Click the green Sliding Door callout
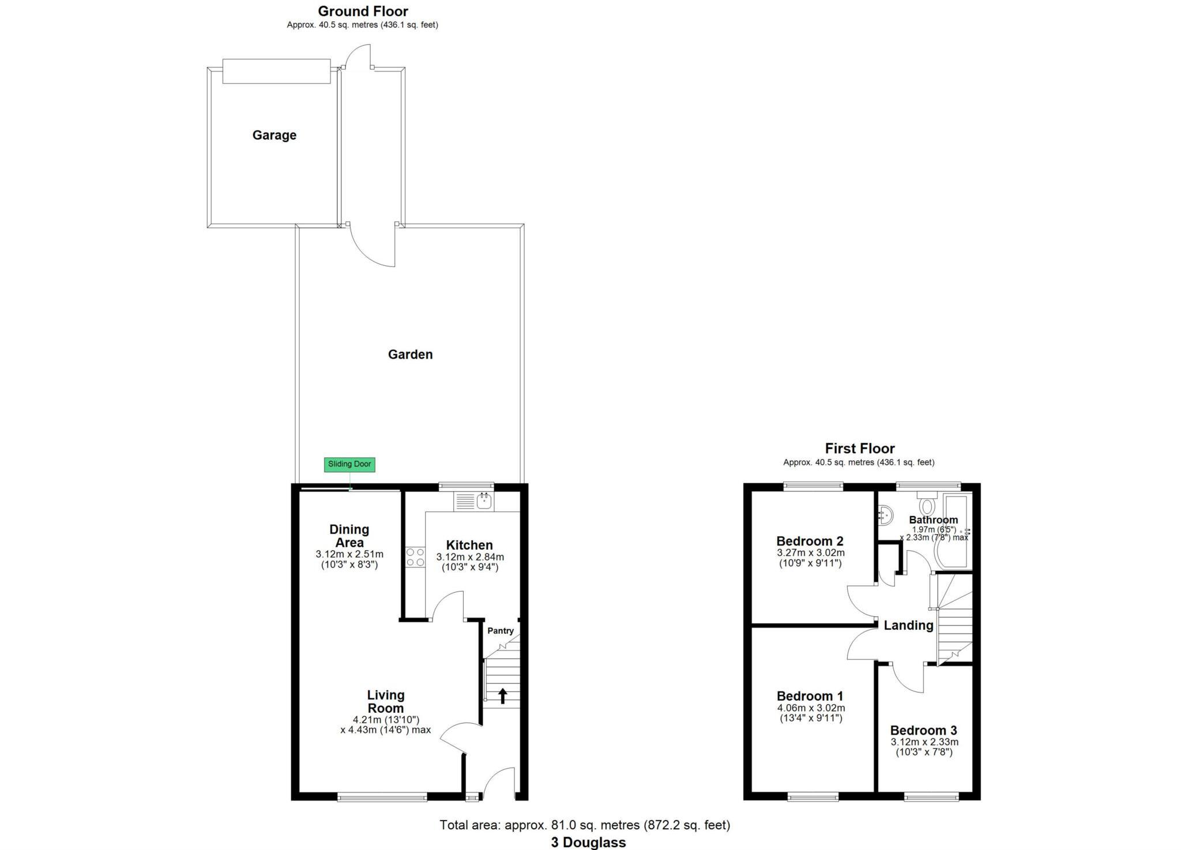(349, 464)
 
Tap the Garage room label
(274, 135)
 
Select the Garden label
(410, 354)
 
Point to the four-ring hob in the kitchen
(415, 558)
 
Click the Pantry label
(500, 631)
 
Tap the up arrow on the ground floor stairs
(502, 696)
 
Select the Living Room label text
(386, 702)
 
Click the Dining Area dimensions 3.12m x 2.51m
(349, 554)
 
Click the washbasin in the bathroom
(885, 514)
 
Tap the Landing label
(908, 625)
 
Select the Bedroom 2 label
(810, 541)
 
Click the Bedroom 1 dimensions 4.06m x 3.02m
(811, 708)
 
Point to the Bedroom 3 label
(923, 730)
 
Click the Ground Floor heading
(363, 11)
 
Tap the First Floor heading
(859, 448)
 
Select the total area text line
(585, 825)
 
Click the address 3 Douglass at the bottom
(588, 843)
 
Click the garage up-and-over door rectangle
(276, 71)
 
